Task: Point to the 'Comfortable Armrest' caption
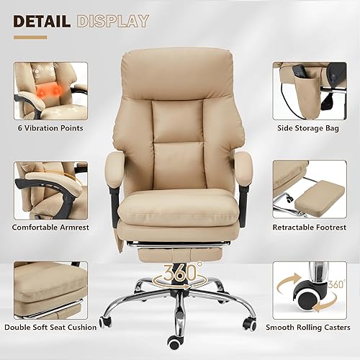(50, 228)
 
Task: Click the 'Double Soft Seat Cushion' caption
(50, 327)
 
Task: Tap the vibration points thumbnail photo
(50, 90)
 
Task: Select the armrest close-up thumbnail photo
(50, 189)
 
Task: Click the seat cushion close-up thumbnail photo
(50, 289)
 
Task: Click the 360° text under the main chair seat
(181, 274)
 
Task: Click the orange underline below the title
(30, 36)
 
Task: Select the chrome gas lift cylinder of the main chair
(180, 295)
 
